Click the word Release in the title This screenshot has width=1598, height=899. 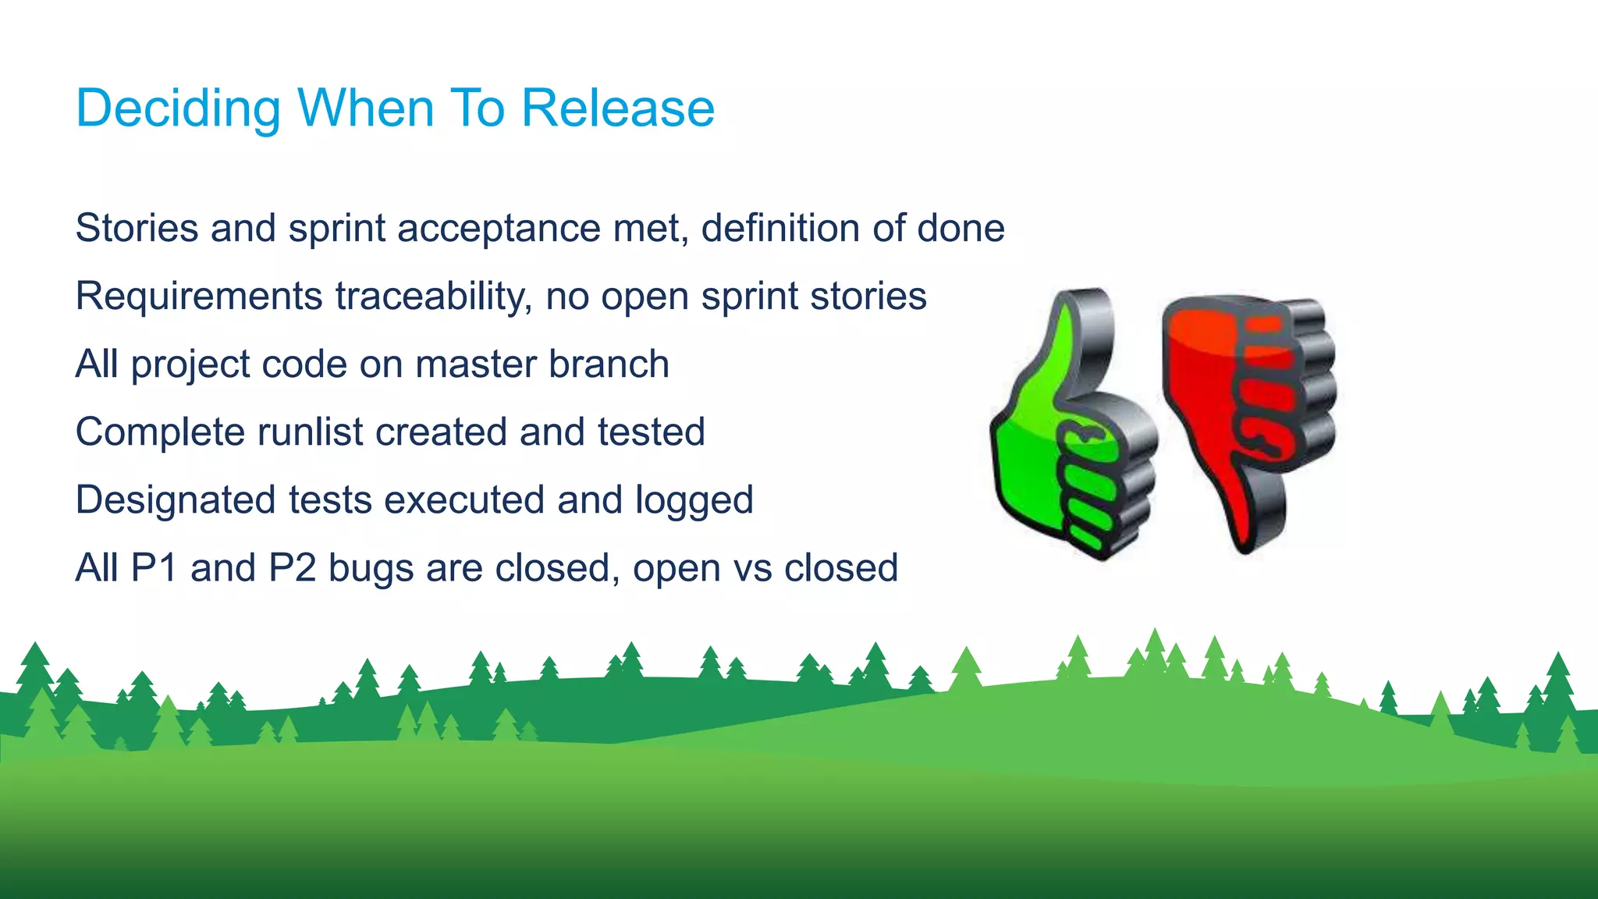click(x=617, y=108)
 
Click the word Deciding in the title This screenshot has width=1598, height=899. click(x=178, y=108)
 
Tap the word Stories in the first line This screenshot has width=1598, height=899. click(x=137, y=229)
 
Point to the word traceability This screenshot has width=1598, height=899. click(x=434, y=297)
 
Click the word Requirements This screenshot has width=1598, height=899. click(x=199, y=297)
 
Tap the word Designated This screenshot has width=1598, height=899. click(x=175, y=500)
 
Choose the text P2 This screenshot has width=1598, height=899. click(x=292, y=568)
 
